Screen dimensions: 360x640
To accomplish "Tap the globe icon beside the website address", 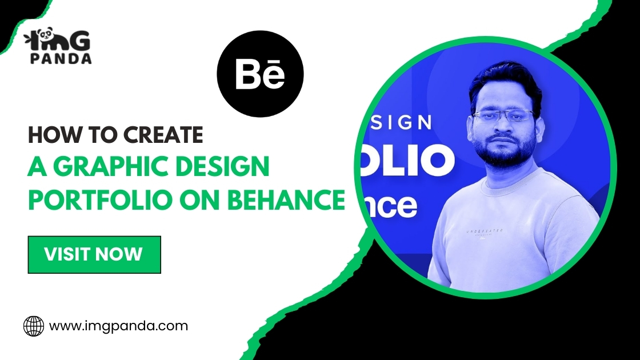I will pos(33,327).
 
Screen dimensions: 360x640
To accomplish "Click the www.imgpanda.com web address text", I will pos(118,326).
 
